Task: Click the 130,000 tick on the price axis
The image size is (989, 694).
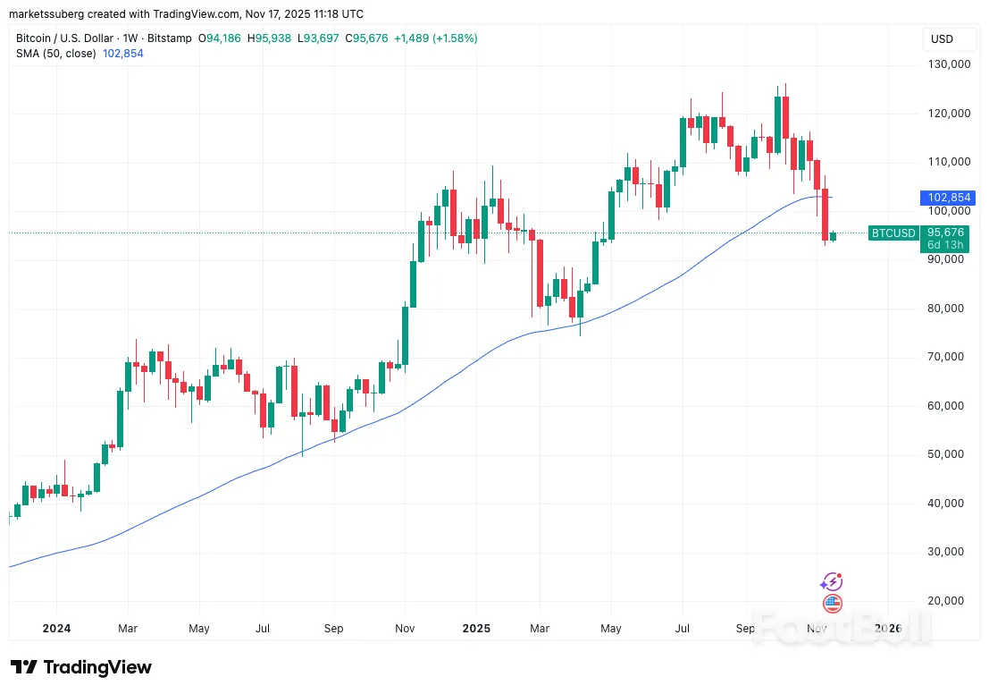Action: click(x=948, y=64)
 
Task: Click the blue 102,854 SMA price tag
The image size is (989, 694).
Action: click(x=949, y=198)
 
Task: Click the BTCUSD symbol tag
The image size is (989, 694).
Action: click(x=893, y=233)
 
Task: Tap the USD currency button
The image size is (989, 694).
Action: click(x=942, y=39)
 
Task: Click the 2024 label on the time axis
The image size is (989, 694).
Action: click(x=55, y=629)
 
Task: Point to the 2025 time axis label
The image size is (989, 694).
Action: click(x=476, y=629)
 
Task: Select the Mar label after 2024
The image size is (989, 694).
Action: click(x=128, y=629)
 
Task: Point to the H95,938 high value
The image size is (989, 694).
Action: click(x=269, y=38)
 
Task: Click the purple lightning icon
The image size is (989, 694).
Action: click(x=833, y=581)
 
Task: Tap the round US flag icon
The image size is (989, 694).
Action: click(x=833, y=604)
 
